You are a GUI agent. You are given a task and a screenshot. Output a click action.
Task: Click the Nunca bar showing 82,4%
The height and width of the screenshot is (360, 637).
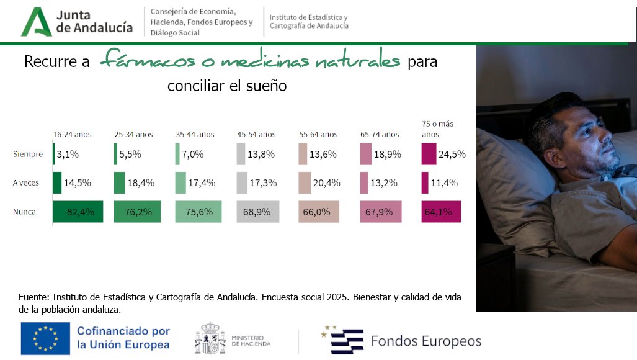click(78, 212)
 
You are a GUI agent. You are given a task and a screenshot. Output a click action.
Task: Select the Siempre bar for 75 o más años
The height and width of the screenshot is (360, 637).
click(429, 154)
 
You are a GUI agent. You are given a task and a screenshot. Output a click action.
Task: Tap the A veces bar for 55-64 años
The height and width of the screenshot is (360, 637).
click(304, 182)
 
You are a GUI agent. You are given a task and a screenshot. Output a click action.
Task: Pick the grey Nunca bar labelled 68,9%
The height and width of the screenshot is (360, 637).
click(258, 212)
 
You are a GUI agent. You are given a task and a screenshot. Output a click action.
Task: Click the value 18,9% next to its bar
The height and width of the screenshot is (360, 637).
click(388, 154)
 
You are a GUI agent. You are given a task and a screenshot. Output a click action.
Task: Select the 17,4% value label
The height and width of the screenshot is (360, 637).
click(202, 183)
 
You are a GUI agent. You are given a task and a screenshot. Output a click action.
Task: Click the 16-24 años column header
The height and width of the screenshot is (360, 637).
click(72, 134)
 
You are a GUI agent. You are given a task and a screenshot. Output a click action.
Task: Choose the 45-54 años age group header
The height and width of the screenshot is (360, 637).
click(256, 134)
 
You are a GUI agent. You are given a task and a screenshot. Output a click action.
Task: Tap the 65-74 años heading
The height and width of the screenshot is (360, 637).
click(380, 134)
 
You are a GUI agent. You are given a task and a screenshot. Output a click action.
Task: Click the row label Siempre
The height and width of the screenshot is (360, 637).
click(28, 154)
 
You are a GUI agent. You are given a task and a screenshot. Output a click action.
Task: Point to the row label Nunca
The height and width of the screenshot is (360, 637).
click(25, 212)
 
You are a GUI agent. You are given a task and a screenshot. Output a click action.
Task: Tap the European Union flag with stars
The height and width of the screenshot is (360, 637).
click(45, 338)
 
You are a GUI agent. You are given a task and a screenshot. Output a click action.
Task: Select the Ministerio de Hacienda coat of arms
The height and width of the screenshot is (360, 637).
click(210, 338)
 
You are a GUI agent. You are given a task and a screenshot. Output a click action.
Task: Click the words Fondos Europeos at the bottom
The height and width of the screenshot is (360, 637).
click(425, 341)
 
